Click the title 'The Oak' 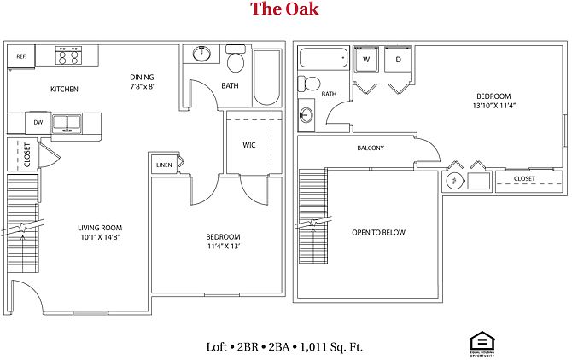(x=285, y=9)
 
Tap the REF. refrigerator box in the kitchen (x=20, y=56)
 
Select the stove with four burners (x=68, y=55)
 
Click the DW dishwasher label (x=38, y=123)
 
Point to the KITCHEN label (x=64, y=89)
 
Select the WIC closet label (x=249, y=145)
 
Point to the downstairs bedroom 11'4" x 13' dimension (x=223, y=247)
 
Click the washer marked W (x=366, y=60)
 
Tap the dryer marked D (x=398, y=60)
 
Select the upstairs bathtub (x=324, y=59)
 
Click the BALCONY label (x=370, y=148)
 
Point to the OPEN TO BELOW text (x=378, y=233)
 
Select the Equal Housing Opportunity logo (x=478, y=341)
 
